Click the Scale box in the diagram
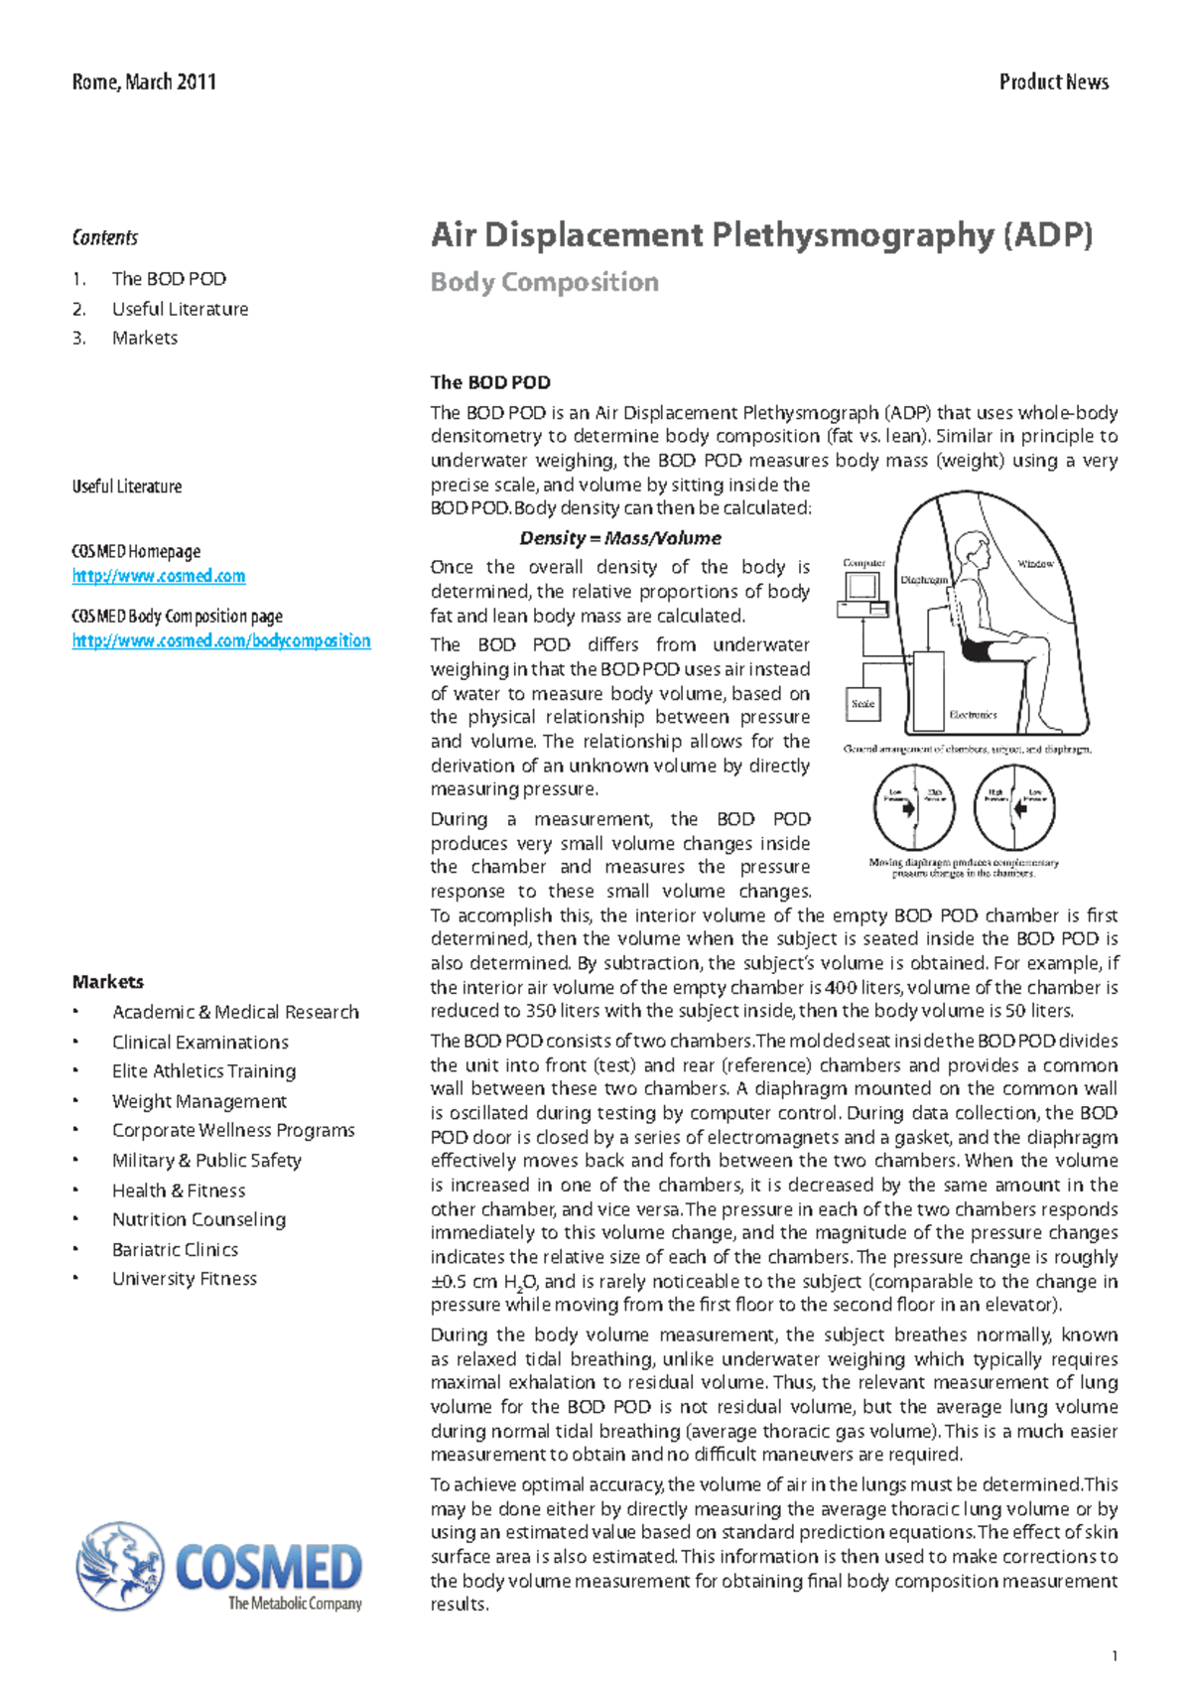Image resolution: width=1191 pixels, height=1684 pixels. [x=862, y=704]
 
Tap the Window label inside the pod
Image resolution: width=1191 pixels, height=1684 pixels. [x=1035, y=564]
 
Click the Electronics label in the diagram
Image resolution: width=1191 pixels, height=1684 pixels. [x=973, y=715]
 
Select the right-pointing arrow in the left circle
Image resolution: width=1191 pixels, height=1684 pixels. [x=908, y=807]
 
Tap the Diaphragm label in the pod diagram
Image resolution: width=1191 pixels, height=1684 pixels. [x=924, y=580]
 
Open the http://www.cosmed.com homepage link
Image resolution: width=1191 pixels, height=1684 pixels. [x=159, y=576]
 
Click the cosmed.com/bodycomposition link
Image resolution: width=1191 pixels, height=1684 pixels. [x=221, y=640]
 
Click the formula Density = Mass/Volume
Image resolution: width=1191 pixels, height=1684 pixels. [x=620, y=538]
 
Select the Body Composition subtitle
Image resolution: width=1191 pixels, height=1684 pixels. [x=544, y=283]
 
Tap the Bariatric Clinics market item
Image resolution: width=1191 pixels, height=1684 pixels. [x=175, y=1249]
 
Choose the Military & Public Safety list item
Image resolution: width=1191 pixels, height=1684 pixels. [x=206, y=1160]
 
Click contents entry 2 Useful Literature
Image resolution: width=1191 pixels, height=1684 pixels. [x=180, y=309]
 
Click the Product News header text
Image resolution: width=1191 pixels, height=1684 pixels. [x=1053, y=82]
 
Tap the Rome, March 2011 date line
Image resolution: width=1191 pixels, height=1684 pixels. [x=144, y=82]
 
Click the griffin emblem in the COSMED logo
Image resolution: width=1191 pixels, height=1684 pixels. [x=120, y=1566]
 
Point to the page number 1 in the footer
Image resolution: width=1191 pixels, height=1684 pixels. [x=1116, y=1655]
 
